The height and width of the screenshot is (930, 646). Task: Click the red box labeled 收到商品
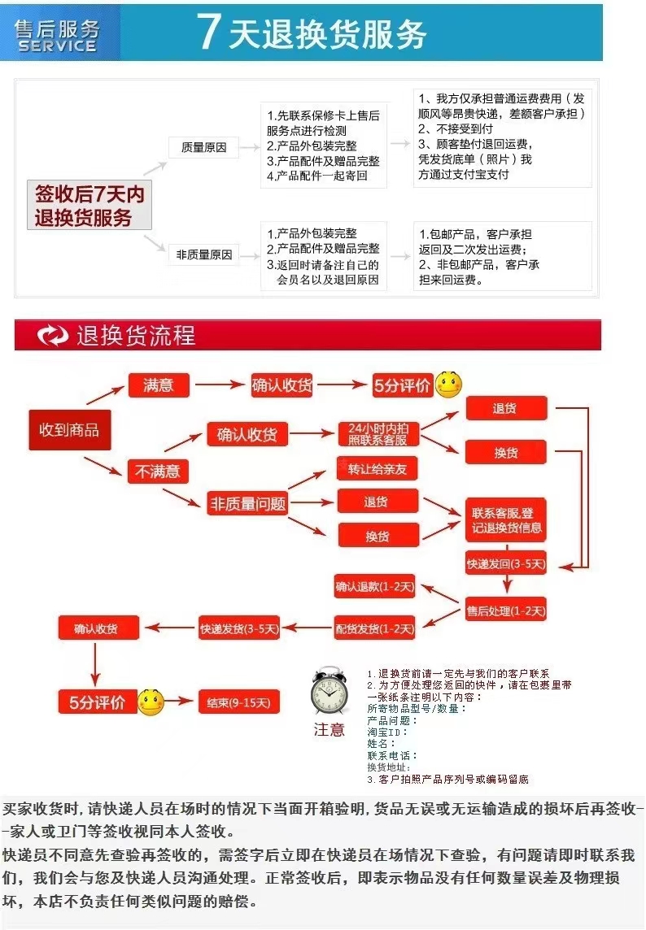[x=69, y=429]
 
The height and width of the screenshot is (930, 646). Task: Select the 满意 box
[x=158, y=385]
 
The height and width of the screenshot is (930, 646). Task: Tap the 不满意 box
[x=158, y=471]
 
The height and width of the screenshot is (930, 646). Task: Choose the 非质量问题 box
[x=248, y=503]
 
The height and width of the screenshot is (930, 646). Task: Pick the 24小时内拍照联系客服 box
[x=378, y=434]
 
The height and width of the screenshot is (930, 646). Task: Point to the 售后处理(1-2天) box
[x=505, y=610]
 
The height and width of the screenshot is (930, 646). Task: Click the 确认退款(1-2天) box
[x=375, y=585]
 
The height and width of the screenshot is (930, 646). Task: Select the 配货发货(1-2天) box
[x=375, y=628]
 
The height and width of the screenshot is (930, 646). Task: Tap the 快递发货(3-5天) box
[x=239, y=628]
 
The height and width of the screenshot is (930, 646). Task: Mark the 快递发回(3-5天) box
[x=505, y=563]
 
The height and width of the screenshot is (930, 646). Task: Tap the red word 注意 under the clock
[x=330, y=730]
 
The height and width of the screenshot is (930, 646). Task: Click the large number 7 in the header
[x=209, y=34]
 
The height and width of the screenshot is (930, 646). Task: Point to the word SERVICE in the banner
[x=57, y=46]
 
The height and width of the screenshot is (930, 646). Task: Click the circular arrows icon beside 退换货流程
[x=54, y=335]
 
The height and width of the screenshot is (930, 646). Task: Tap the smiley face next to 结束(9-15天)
[x=150, y=702]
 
